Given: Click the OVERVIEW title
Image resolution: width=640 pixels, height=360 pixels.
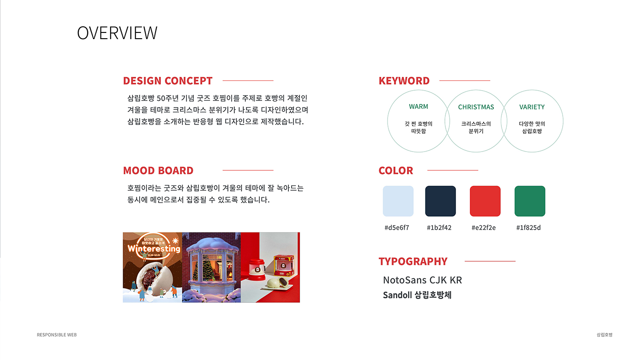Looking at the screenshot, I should tap(117, 33).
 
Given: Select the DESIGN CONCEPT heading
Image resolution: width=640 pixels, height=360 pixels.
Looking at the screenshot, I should tap(168, 81).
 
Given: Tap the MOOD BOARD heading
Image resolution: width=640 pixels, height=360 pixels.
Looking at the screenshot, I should tap(158, 171).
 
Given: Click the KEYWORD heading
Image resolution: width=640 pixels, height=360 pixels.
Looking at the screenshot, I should tap(404, 81).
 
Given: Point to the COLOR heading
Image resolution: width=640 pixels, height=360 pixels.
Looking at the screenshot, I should tap(396, 171).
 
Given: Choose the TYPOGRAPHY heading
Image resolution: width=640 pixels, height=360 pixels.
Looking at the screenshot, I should tap(413, 261).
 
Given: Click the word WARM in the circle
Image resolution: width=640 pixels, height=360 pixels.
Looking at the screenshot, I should tap(419, 107).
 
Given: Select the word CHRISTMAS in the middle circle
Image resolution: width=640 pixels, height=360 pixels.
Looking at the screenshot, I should tap(476, 107).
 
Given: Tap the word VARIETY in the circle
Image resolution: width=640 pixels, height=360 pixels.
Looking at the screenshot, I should tap(532, 107).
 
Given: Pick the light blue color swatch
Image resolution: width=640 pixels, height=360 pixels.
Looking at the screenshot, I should tap(398, 201).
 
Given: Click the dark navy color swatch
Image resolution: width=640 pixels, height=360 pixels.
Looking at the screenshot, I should tap(440, 201).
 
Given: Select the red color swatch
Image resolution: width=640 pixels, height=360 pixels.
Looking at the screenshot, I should tap(485, 201).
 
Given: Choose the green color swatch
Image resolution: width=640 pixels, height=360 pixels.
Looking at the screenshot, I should tap(530, 201).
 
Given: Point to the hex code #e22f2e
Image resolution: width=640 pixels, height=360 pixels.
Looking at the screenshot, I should tap(484, 228).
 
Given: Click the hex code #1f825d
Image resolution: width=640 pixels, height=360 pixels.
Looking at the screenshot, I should tap(528, 228).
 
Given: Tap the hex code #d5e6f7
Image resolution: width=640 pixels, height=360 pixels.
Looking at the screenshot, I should tap(397, 228).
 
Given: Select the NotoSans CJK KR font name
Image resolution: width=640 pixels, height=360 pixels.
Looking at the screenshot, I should tap(423, 280).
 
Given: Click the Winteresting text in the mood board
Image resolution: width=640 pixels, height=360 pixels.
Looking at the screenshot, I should tap(154, 249).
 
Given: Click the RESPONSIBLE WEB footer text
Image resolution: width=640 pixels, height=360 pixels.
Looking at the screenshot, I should tap(57, 335).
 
